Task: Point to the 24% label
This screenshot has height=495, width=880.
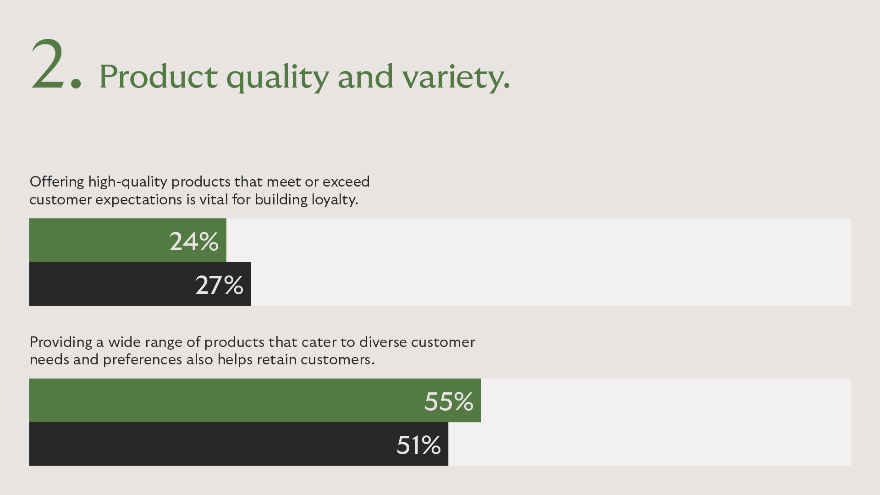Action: [x=194, y=241]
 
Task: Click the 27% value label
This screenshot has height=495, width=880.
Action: [x=220, y=285]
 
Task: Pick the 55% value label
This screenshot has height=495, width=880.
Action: [x=449, y=401]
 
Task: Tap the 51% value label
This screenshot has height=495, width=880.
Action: [x=418, y=445]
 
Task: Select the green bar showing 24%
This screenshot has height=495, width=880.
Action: [x=128, y=240]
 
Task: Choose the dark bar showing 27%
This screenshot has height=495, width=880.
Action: [x=140, y=284]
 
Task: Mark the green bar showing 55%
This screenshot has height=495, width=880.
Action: [x=255, y=400]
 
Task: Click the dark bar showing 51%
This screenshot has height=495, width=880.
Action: [x=239, y=444]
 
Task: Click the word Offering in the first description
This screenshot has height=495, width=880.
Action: [x=57, y=182]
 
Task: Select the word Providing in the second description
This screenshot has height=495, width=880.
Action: [x=61, y=342]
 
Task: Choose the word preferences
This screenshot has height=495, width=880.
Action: [x=143, y=360]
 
